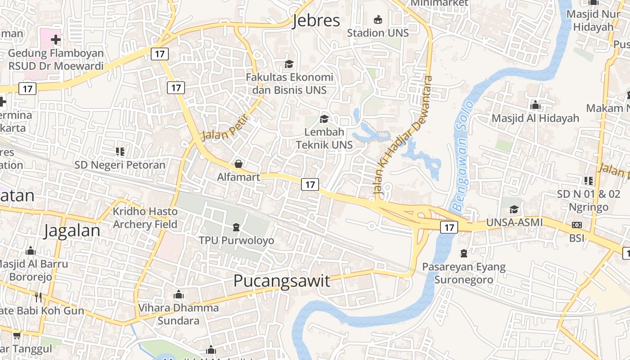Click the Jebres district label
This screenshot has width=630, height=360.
pos(316,21)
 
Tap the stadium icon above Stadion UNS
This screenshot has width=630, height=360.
pos(378,20)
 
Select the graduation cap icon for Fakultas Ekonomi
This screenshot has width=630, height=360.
pos(289,64)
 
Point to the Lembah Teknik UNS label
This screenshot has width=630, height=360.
pos(324,138)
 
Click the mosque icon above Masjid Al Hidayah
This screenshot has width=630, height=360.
pos(535,105)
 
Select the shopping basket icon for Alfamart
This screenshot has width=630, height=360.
pos(238,164)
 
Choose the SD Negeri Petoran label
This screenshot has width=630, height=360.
pos(120,165)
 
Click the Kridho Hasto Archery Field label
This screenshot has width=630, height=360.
pos(145,218)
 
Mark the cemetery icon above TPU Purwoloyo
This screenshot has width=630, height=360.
pos(236,227)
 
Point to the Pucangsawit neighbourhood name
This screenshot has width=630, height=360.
pos(282,281)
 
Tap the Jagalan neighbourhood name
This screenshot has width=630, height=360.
pos(72,230)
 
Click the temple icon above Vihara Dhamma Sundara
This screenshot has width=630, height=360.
pos(179,295)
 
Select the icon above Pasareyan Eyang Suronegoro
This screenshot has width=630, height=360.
pos(464,253)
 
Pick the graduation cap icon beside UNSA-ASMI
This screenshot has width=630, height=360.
pos(514,210)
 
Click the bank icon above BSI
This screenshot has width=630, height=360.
pos(576,225)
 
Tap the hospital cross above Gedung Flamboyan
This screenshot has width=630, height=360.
pos(56,40)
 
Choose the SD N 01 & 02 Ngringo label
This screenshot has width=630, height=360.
pos(589,201)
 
